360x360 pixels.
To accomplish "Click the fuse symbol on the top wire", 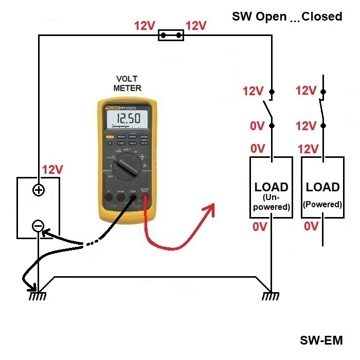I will (x=171, y=35).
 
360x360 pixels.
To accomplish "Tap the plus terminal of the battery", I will (x=38, y=190).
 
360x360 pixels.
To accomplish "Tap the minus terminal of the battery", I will (x=38, y=225).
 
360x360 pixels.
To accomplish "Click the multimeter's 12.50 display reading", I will (x=127, y=120).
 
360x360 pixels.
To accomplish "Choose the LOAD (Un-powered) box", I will (x=271, y=187).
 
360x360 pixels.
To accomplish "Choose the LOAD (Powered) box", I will (x=322, y=187).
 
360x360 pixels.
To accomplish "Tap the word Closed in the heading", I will (x=322, y=16).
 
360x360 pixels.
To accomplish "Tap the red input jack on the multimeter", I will (x=146, y=197).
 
